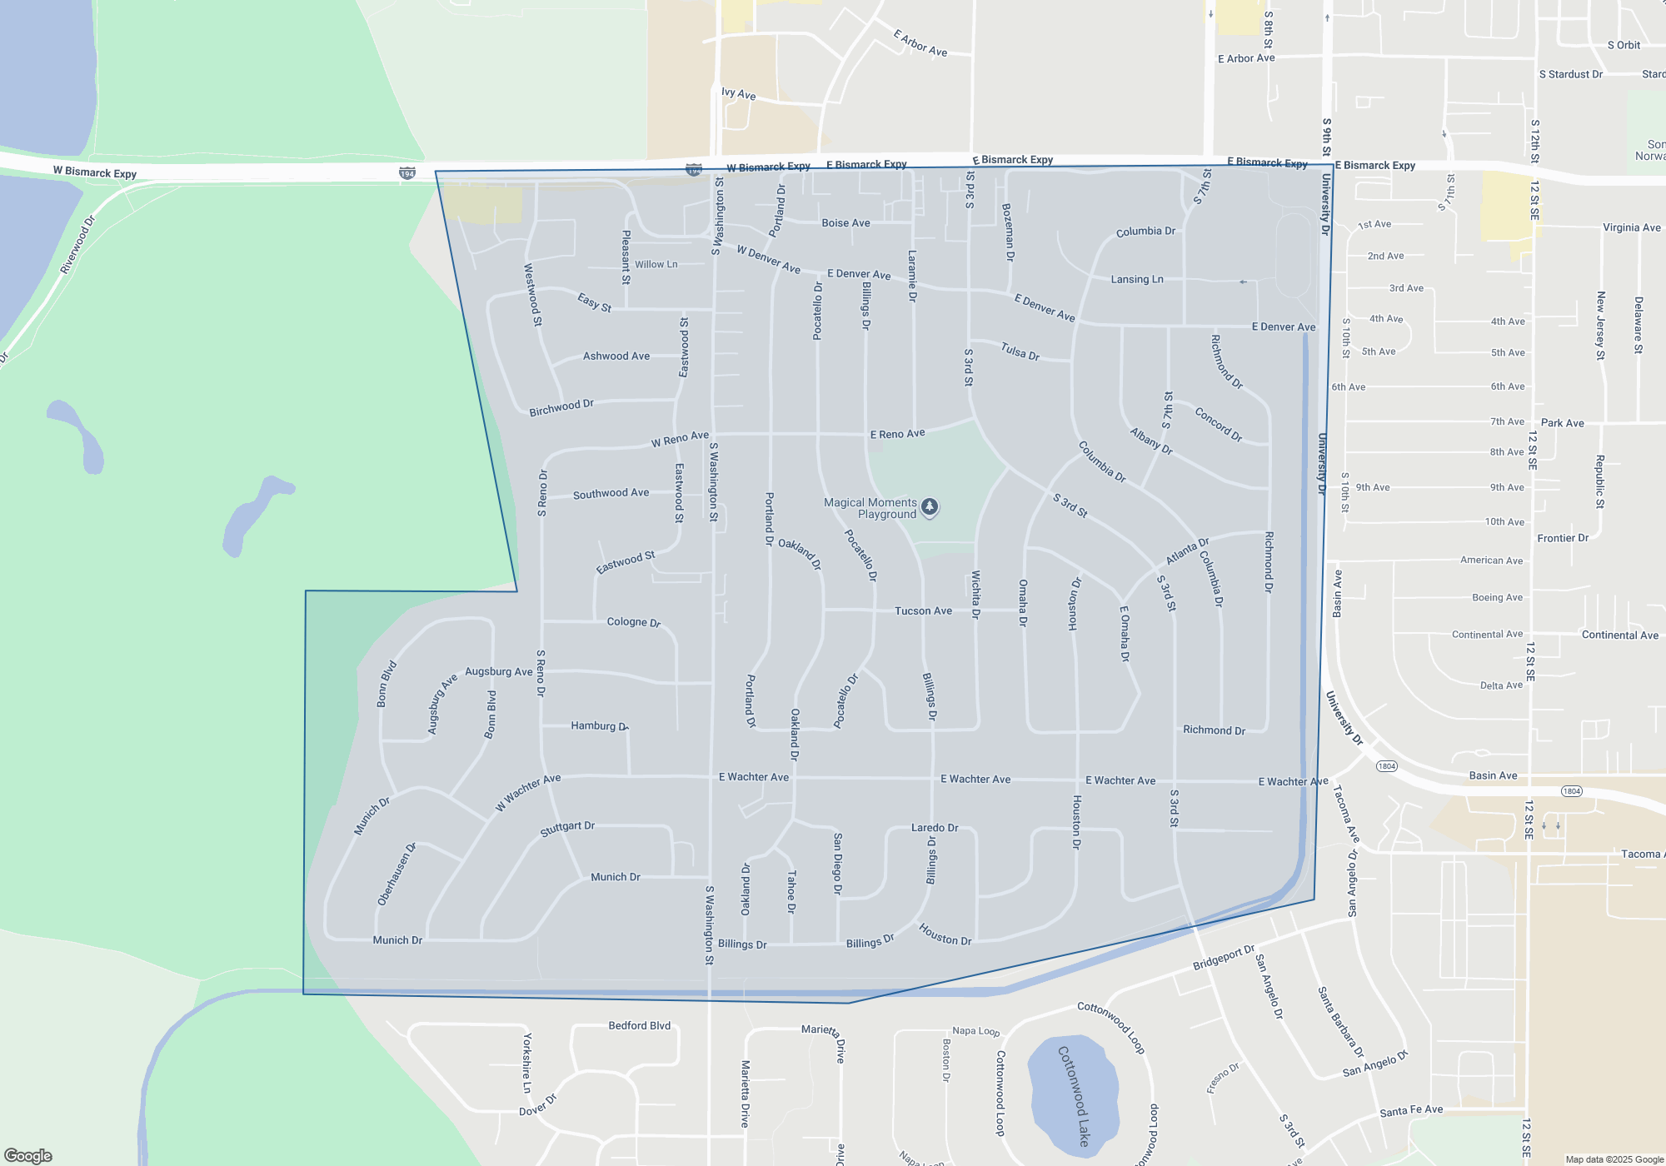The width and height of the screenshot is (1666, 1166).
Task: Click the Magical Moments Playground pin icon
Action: [930, 506]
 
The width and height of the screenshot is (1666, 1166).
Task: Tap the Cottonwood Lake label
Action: [1074, 1095]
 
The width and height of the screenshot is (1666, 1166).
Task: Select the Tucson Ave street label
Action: [923, 610]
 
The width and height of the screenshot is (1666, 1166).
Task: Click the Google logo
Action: [27, 1155]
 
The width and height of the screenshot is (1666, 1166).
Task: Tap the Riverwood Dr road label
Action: [78, 244]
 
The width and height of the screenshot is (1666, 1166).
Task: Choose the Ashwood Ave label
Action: [616, 356]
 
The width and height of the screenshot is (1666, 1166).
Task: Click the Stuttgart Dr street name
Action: [567, 829]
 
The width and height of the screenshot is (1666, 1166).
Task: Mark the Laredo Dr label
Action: [935, 828]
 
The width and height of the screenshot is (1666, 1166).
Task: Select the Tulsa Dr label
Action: [1020, 352]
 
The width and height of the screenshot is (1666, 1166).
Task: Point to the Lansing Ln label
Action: [1137, 279]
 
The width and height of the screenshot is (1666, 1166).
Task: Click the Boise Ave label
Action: [845, 223]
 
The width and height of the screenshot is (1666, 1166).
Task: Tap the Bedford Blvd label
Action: [639, 1025]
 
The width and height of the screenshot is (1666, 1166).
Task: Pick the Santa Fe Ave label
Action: [1411, 1110]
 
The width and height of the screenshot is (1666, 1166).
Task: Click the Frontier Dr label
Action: [1563, 538]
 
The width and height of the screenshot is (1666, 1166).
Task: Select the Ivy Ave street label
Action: [738, 94]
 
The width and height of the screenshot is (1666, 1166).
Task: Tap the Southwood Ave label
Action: [611, 494]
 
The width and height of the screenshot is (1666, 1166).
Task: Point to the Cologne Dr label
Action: [633, 622]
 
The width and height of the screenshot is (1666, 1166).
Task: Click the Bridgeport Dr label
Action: [1223, 958]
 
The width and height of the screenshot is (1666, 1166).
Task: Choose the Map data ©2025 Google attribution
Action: [1614, 1159]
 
